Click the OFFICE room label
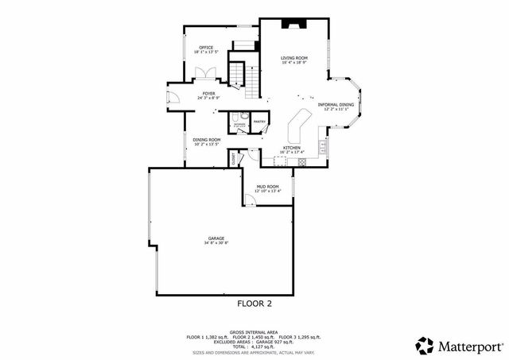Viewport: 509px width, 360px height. coord(205,48)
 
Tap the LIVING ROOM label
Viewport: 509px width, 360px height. coord(294,58)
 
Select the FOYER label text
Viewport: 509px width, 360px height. coord(208,94)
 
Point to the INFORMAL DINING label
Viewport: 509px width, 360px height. coord(336,105)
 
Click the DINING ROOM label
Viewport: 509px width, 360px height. coord(206,139)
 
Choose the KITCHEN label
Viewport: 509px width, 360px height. coord(292,148)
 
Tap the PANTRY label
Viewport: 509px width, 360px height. coord(259,122)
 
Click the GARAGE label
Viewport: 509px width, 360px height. coord(216,238)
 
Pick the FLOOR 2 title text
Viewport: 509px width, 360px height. coord(254,304)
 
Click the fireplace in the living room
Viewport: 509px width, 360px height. coord(293,24)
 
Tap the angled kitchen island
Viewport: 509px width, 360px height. coord(301,123)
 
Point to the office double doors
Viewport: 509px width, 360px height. coord(205,74)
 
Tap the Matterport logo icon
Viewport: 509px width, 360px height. coord(425,345)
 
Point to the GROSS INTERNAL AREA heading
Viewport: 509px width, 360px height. coord(254,332)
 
